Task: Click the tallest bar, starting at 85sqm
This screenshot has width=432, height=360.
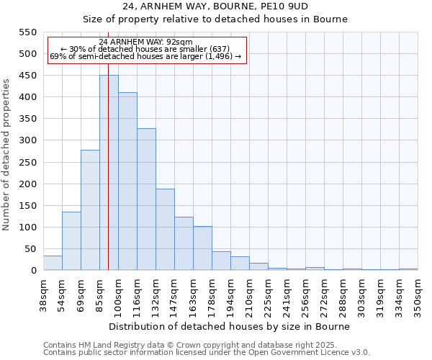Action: point(109,173)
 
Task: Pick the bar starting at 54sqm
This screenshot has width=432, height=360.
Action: point(71,241)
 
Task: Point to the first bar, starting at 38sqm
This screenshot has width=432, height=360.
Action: point(53,264)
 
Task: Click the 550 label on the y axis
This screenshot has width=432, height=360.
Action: point(28,32)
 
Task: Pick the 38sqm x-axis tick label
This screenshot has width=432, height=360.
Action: point(43,294)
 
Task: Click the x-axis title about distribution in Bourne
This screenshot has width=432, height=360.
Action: point(230,326)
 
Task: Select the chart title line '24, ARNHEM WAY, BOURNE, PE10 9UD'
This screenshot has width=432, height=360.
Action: point(215,6)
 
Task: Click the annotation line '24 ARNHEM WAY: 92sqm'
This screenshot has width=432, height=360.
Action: point(146,42)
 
